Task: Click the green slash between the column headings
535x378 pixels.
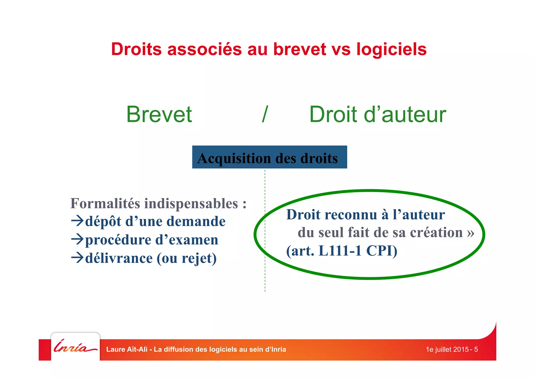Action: tap(265, 114)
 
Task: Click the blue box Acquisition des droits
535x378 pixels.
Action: tap(269, 158)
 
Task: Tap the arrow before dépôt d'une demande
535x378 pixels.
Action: tap(77, 221)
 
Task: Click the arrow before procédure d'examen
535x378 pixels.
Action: tap(77, 239)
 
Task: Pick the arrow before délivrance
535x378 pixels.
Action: tap(77, 258)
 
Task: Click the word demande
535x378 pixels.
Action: tap(196, 221)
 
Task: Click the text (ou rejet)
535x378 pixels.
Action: tap(187, 258)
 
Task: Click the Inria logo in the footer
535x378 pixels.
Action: tap(75, 347)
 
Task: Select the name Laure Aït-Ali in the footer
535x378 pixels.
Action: tap(127, 349)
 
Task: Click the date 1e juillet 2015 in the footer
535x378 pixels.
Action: tap(447, 349)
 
